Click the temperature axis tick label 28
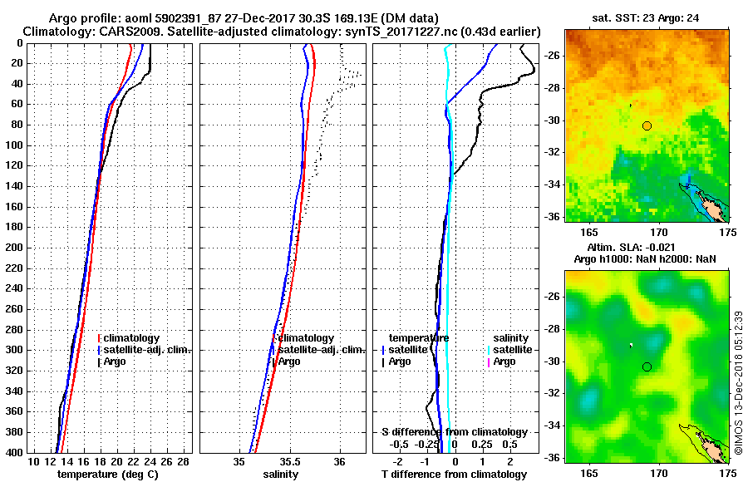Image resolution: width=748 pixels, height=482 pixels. click(x=185, y=462)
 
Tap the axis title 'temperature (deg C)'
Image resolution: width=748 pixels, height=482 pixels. click(x=107, y=475)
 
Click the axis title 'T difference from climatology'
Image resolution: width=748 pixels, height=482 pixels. click(x=454, y=475)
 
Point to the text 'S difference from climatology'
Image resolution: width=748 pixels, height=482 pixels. click(x=454, y=432)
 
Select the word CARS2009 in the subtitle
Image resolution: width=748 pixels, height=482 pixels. click(x=122, y=31)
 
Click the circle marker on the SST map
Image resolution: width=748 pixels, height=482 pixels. click(x=647, y=125)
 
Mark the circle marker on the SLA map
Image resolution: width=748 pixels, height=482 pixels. click(x=647, y=366)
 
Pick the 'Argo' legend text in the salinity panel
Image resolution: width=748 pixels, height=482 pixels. click(x=289, y=361)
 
